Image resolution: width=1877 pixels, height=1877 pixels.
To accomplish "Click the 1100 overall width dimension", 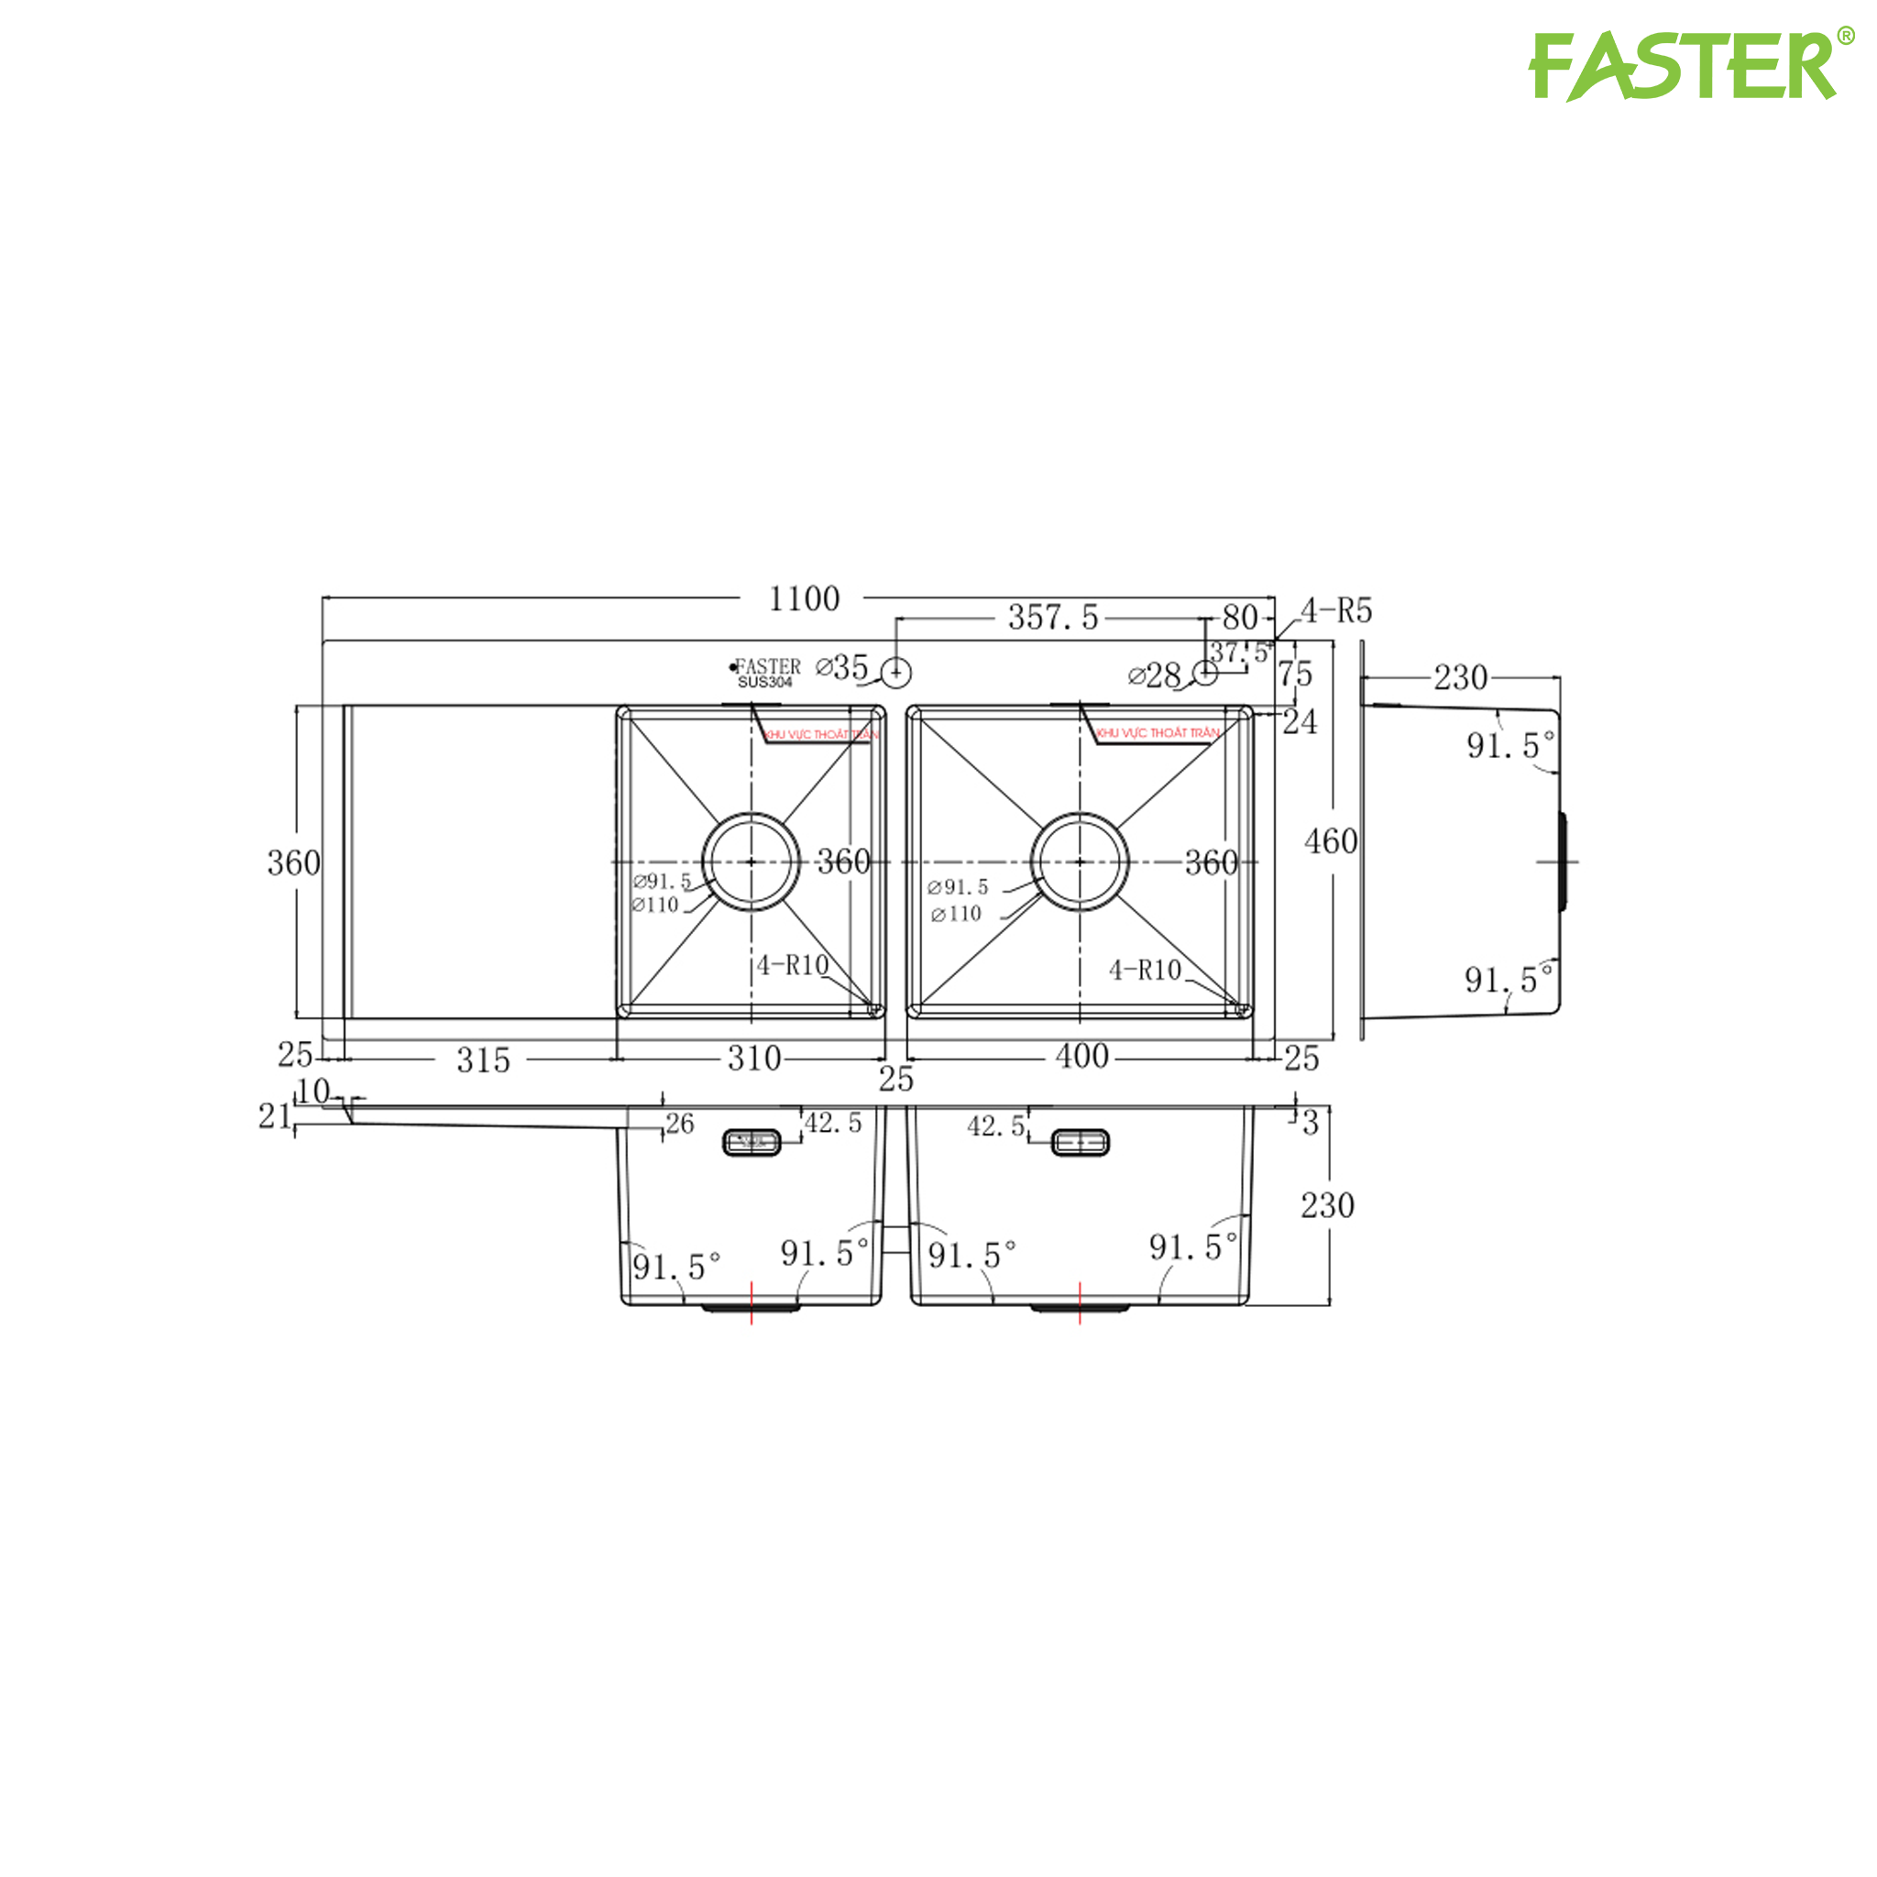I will tap(804, 598).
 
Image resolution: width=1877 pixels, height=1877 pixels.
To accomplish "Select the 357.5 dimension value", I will tap(1052, 617).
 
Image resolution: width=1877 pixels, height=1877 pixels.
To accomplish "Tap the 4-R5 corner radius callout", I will tap(1336, 611).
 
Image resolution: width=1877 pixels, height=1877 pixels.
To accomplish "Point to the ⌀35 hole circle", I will tap(895, 671).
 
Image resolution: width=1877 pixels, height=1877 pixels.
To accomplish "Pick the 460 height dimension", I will tap(1330, 841).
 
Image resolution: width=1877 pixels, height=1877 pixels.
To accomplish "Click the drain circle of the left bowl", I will tap(751, 862).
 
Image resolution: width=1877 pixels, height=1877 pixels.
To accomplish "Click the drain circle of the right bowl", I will tap(1080, 862).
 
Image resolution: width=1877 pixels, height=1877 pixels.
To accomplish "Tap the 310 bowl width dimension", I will tap(754, 1058).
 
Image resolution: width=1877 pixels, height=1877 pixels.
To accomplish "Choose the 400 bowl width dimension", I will tap(1081, 1056).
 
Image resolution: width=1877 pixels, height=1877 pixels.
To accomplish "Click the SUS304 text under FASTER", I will tap(764, 682).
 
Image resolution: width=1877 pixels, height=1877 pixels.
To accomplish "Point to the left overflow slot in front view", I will tap(752, 1143).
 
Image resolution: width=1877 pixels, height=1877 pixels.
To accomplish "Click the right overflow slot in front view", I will tap(1081, 1143).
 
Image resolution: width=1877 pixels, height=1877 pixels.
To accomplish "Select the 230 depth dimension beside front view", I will tap(1327, 1206).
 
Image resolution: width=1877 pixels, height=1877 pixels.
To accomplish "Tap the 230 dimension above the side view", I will tap(1460, 677).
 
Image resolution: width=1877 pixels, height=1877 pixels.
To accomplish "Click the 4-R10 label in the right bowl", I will tap(1145, 970).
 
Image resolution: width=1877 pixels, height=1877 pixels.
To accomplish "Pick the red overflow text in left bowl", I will tap(821, 734).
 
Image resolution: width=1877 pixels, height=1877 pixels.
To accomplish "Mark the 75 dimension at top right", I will tap(1295, 674).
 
